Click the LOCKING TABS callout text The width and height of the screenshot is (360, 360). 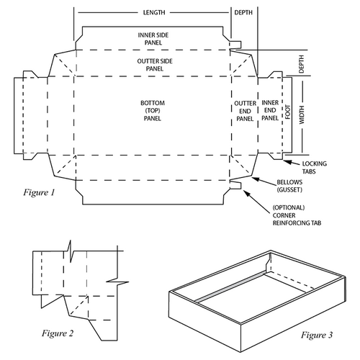coord(315,167)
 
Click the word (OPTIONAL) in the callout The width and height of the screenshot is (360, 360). coord(290,208)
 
